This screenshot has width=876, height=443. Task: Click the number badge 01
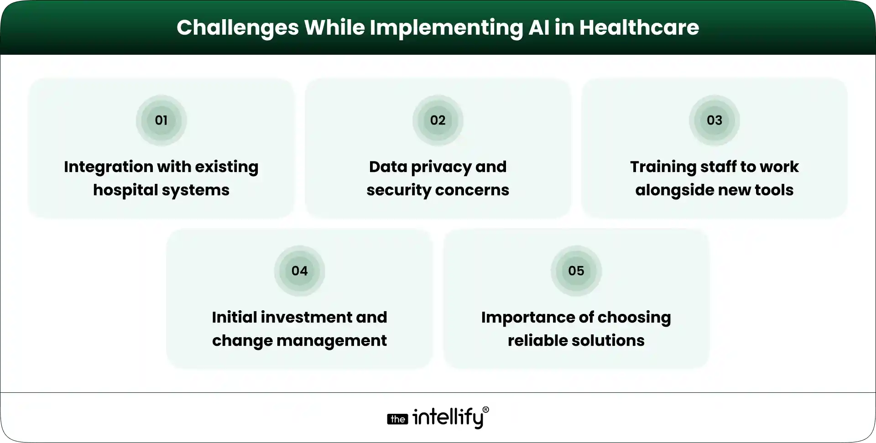(161, 120)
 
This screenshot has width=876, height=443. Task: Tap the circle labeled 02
(438, 120)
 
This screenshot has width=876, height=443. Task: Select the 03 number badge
(714, 120)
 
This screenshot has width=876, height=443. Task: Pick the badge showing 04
(299, 271)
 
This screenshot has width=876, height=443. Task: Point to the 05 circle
(576, 271)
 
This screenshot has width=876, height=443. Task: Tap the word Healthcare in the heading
(639, 27)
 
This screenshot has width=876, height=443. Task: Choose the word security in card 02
(393, 190)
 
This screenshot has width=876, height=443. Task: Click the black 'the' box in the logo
(397, 419)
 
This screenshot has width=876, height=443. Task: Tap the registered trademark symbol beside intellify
(485, 410)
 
